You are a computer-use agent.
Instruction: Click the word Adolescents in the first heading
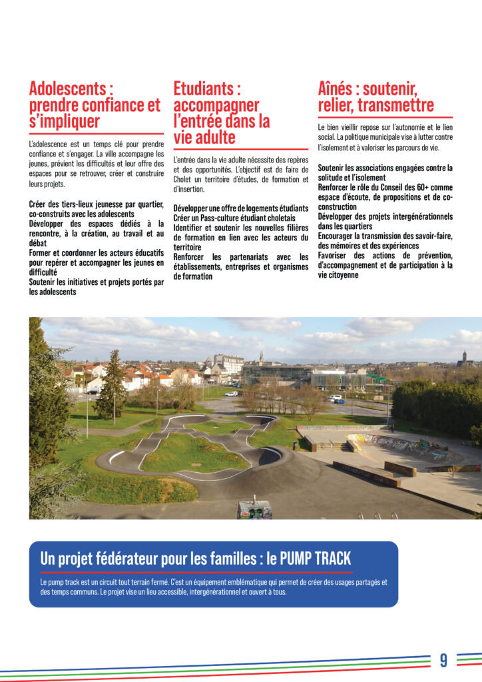click(x=67, y=88)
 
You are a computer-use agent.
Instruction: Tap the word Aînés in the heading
click(x=338, y=88)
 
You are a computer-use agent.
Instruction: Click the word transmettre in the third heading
click(x=397, y=105)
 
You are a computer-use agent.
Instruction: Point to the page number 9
click(x=443, y=660)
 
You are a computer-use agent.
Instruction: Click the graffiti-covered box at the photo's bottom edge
click(x=254, y=510)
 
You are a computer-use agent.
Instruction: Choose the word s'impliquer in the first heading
click(x=65, y=121)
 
